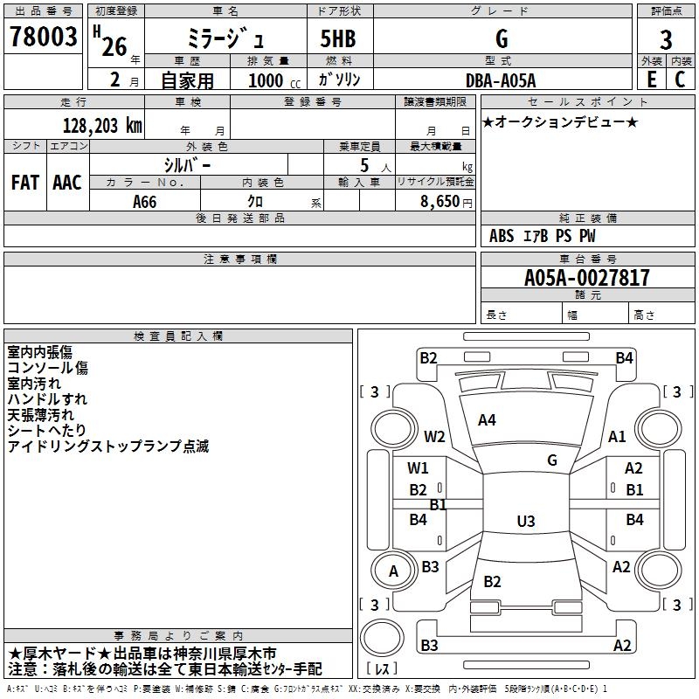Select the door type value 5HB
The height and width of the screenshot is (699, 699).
click(338, 38)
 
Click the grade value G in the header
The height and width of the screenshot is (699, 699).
click(501, 38)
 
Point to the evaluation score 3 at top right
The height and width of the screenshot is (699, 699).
click(666, 40)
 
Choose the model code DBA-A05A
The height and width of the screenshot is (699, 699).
click(501, 80)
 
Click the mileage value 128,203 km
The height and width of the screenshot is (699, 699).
click(102, 125)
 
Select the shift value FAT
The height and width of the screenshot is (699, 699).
click(24, 182)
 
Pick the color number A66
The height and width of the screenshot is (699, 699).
click(145, 201)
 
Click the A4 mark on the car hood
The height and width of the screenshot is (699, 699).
click(487, 420)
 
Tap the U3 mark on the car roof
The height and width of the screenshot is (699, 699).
click(525, 522)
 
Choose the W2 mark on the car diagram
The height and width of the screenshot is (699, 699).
click(434, 437)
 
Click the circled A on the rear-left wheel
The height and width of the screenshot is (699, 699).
click(393, 571)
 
